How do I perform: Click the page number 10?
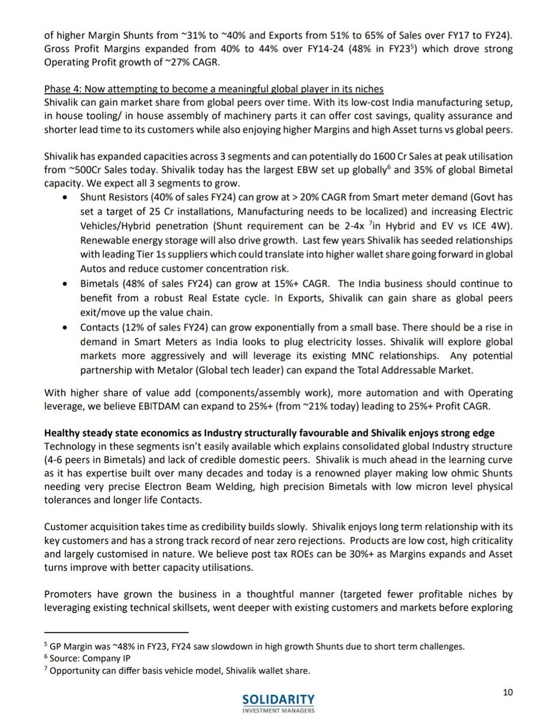[508, 692]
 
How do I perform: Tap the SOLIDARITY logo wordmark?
[278, 699]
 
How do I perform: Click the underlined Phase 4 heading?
[213, 89]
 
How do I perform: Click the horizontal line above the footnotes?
[116, 632]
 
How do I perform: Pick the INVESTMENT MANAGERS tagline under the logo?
[277, 711]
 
